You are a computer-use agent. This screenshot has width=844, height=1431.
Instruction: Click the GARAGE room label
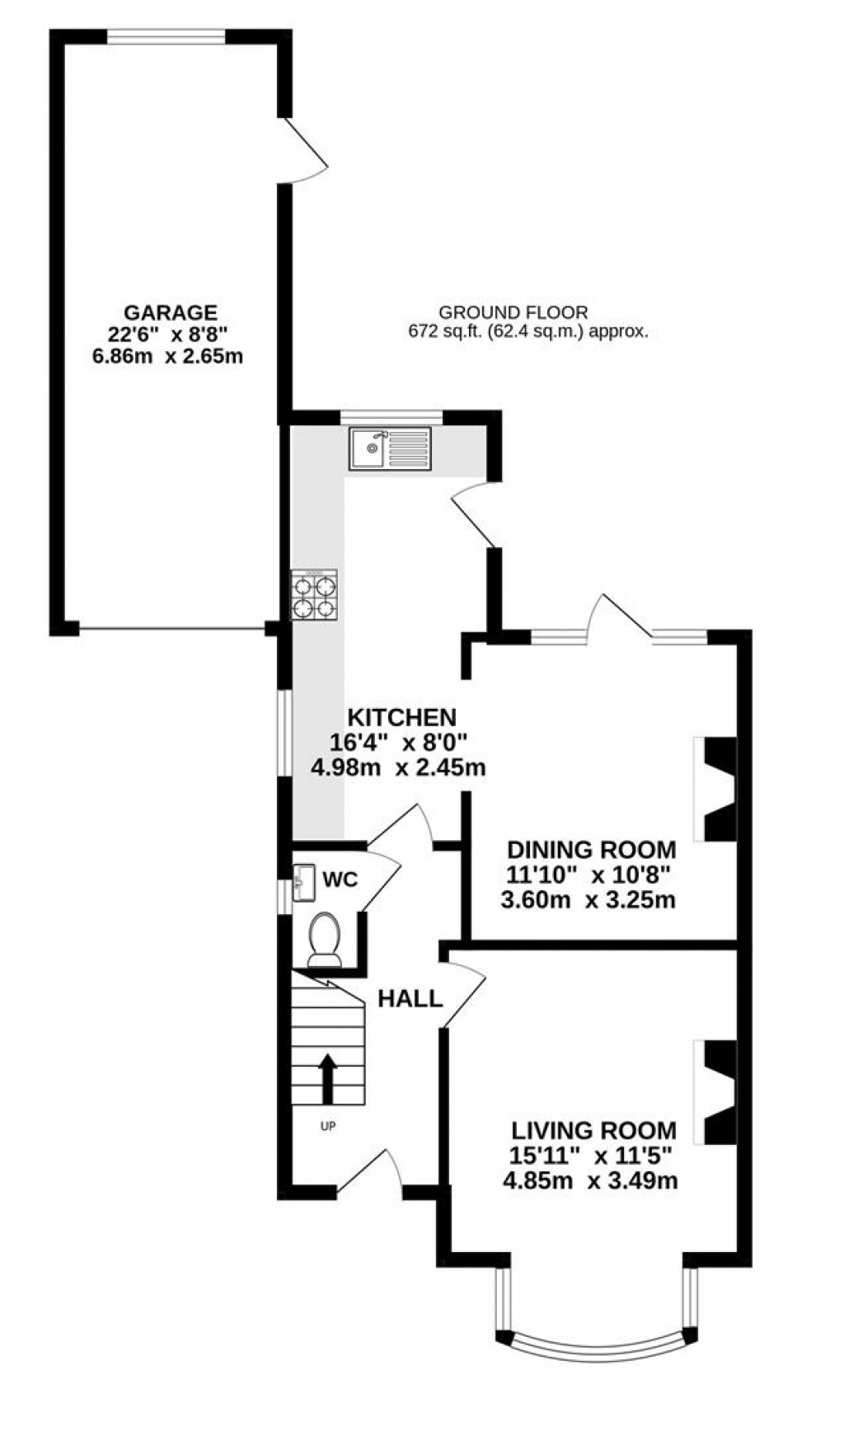pos(171,312)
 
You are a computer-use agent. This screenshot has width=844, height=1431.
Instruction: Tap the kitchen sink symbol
pos(389,448)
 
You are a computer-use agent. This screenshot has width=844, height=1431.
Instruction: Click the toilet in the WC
pos(324,939)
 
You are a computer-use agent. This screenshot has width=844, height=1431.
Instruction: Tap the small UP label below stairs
pos(328,1125)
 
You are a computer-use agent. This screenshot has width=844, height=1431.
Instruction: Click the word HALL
pos(410,999)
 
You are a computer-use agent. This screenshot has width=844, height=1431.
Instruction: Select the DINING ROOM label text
pos(591,850)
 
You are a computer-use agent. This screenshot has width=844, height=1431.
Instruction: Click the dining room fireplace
pos(715,789)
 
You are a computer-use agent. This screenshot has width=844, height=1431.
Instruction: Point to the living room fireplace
pos(715,1092)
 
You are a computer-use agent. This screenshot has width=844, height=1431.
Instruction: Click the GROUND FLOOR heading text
pos(513,312)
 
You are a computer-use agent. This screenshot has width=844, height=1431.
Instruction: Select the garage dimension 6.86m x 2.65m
pos(171,357)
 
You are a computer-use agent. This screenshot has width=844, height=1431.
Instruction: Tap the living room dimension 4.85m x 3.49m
pos(590,1180)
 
